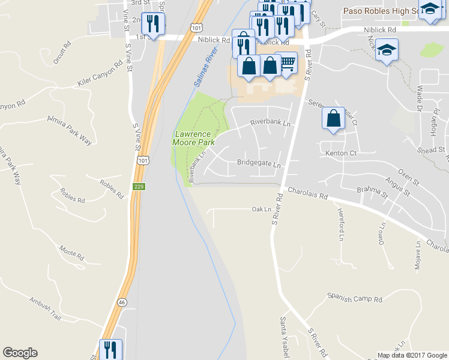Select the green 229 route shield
pos(139,186)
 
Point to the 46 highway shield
pos(122,302)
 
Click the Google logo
pos(20,353)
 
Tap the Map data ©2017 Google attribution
pos(412,355)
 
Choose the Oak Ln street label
pos(262,209)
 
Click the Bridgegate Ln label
pos(259,163)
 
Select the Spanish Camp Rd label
pos(355,298)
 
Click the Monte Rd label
pos(72,253)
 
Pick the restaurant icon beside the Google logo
pos(110,349)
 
